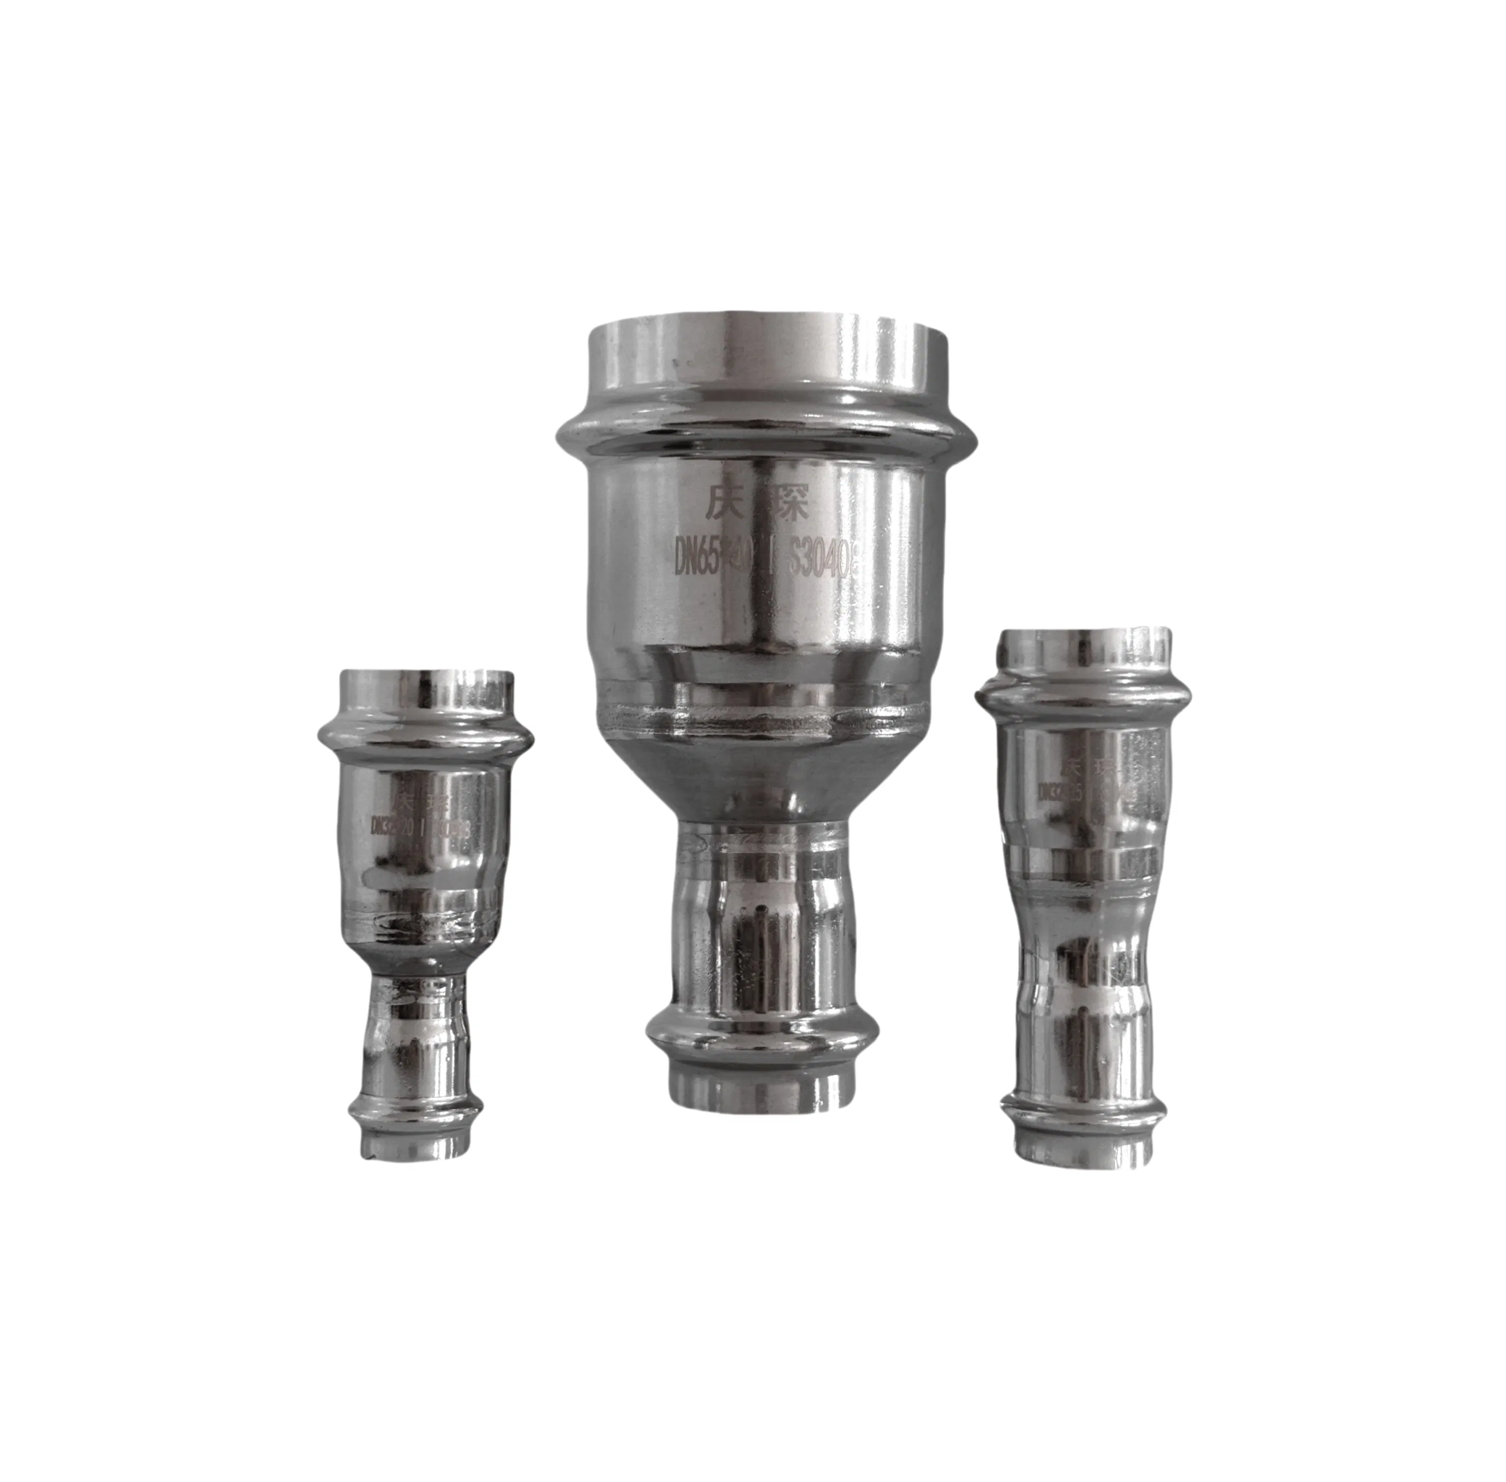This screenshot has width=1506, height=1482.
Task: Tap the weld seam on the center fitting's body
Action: click(x=763, y=718)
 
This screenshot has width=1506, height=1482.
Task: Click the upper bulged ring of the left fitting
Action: click(x=427, y=736)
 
